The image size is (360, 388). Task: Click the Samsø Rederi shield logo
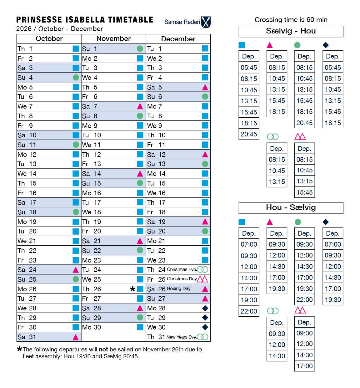(206, 22)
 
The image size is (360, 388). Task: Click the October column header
(49, 39)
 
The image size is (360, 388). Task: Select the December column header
(178, 39)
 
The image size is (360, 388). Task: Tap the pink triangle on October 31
(76, 337)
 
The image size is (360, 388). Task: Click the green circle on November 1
(140, 49)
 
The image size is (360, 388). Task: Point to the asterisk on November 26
(132, 289)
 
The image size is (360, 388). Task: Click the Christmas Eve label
(182, 269)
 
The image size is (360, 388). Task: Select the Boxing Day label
(179, 288)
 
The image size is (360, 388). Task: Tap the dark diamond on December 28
(205, 308)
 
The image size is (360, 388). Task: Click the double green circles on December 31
(202, 337)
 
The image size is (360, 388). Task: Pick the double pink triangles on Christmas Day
(202, 279)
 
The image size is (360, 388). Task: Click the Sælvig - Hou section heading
(291, 31)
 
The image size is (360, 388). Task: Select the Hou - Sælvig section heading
(291, 208)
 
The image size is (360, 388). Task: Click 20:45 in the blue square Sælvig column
(249, 134)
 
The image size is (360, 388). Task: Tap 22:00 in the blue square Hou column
(249, 311)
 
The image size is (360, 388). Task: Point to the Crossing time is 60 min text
(291, 20)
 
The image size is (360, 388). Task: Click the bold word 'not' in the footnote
(103, 350)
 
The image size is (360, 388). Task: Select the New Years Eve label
(181, 337)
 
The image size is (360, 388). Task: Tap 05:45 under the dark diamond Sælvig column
(333, 68)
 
